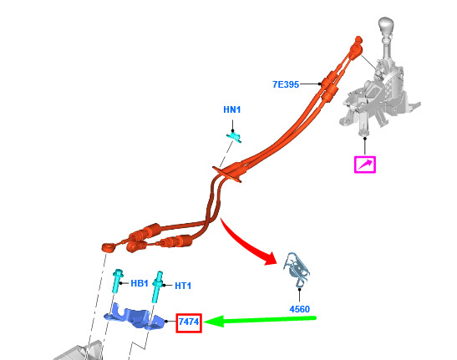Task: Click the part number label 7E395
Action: coord(286,84)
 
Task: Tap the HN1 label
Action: coord(232,109)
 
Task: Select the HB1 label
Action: coord(140,283)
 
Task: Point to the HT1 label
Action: coord(183,286)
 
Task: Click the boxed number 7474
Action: coord(189,322)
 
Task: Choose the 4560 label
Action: coord(300,309)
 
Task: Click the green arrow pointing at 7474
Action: coord(260,321)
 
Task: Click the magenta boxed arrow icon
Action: coord(364,165)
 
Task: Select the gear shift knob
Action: coord(385,27)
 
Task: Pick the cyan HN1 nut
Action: coord(234,137)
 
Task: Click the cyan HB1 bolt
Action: coord(118,281)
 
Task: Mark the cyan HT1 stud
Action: coord(158,287)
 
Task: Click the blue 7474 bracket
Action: coord(134,317)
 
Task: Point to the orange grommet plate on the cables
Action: coord(227,175)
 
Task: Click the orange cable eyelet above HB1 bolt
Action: coord(108,247)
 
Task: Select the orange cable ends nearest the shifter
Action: coord(356,48)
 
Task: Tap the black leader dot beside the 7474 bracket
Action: coord(166,322)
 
